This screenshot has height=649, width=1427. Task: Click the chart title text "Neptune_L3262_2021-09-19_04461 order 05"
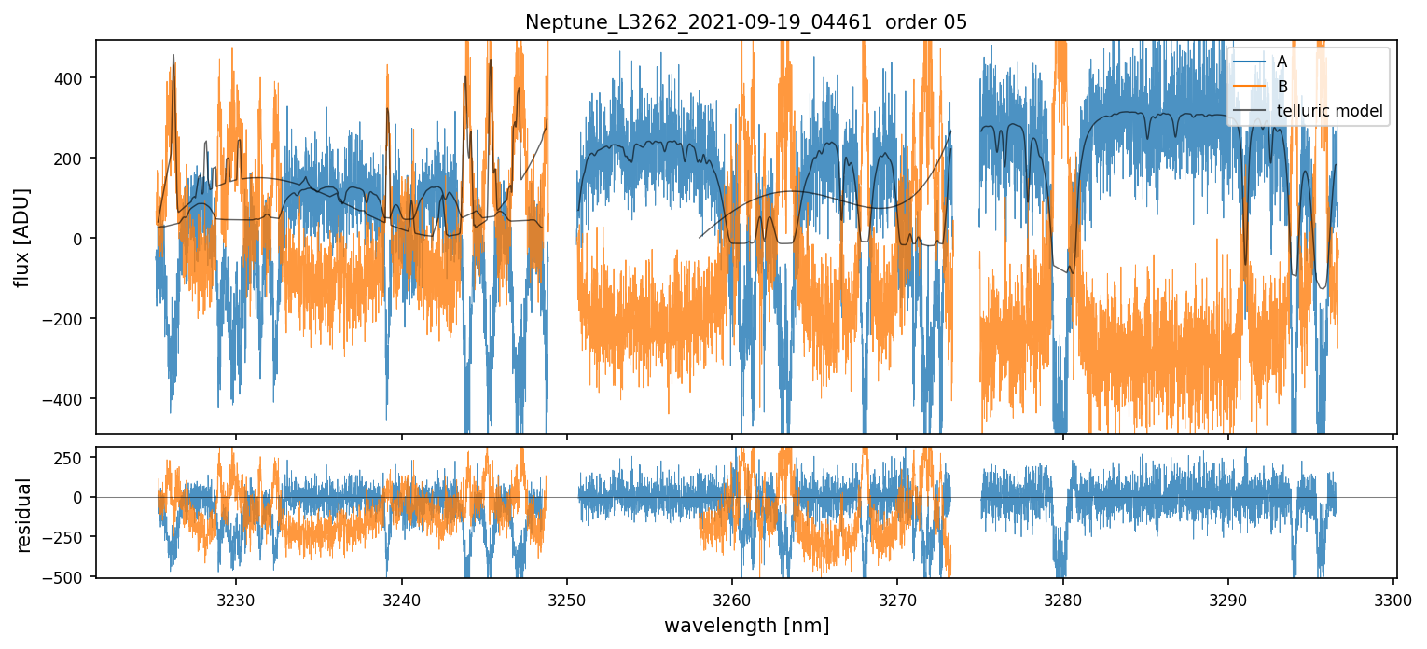[x=746, y=22]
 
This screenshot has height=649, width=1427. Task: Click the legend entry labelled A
[x=1282, y=62]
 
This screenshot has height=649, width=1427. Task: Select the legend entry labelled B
[x=1282, y=87]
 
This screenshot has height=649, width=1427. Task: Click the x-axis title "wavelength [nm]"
[x=746, y=626]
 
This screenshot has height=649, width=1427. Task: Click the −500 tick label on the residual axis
[x=68, y=578]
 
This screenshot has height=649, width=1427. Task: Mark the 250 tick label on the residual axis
[x=73, y=458]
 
